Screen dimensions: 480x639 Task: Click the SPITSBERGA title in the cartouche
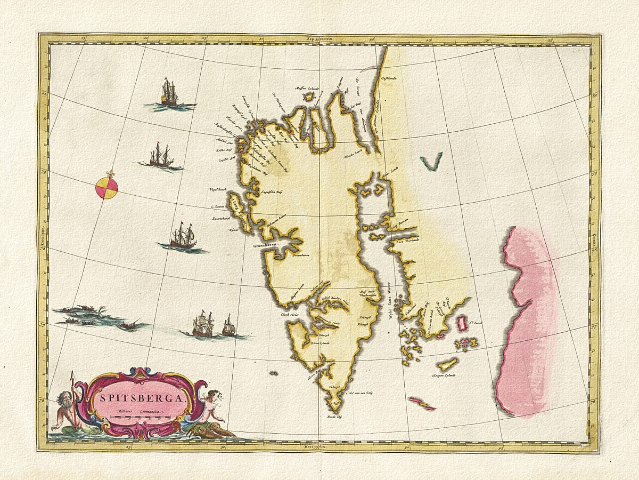pyautogui.click(x=141, y=397)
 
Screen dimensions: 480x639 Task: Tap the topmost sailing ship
pyautogui.click(x=169, y=94)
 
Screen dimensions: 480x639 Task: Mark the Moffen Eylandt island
pyautogui.click(x=309, y=97)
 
